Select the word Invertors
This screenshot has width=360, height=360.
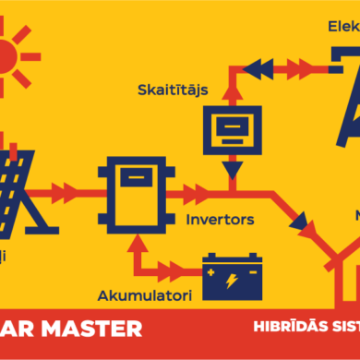221,221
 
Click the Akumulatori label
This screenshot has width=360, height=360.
143,295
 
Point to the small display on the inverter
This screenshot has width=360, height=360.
136,179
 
